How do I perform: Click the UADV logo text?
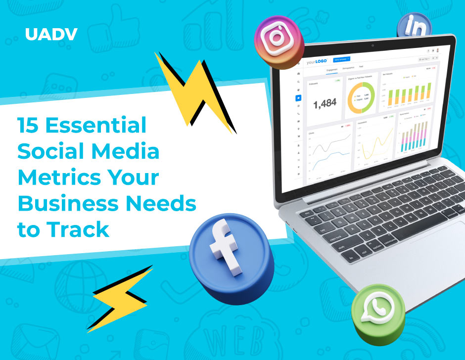point(51,35)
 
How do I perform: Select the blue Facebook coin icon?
point(230,257)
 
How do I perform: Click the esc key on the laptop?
point(308,213)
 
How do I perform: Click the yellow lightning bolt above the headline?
point(193,89)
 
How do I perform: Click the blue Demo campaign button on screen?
point(341,59)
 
